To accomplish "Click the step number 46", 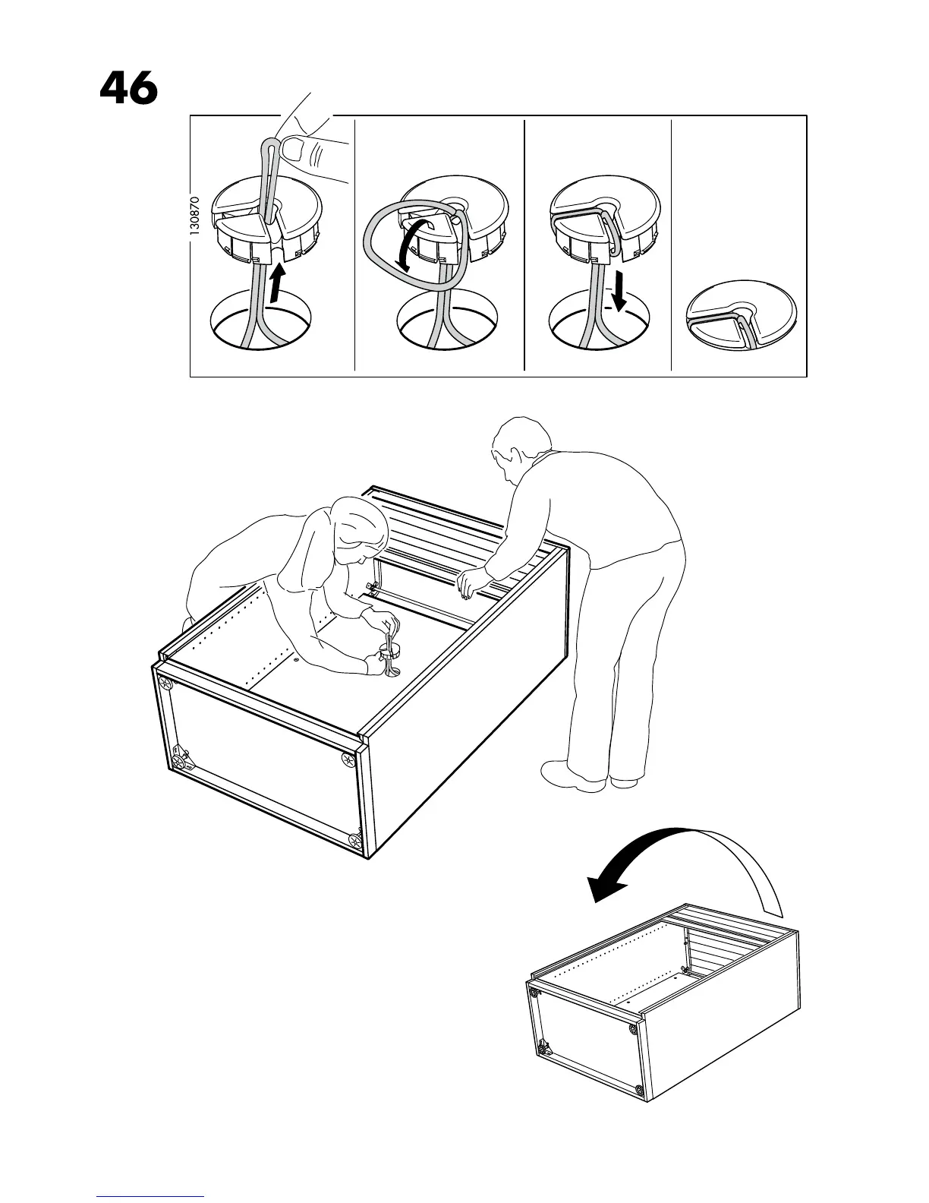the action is point(128,89).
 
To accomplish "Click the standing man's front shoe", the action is point(569,776).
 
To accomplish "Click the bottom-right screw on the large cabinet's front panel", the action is point(354,840).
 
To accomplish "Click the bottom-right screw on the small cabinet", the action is point(638,1091).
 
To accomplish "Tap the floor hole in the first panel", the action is point(262,323).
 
